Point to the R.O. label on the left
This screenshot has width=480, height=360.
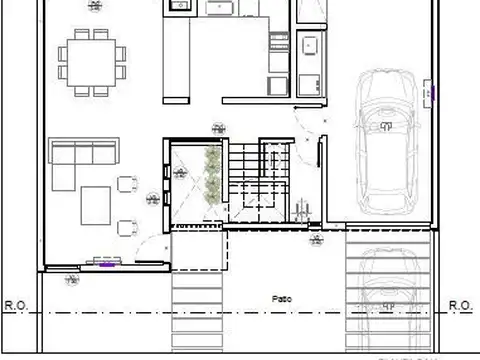pos(16,304)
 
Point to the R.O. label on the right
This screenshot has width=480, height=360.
pos(461,304)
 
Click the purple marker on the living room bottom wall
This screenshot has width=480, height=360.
pos(105,263)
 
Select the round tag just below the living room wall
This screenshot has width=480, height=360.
pos(72,282)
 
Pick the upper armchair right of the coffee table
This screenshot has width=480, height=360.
pos(128,185)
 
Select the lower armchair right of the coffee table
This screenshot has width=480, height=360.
pos(128,228)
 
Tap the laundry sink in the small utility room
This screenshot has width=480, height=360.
pos(309,45)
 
